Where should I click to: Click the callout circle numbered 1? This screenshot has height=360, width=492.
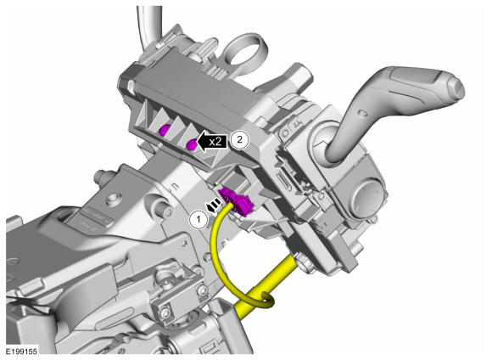click(x=198, y=219)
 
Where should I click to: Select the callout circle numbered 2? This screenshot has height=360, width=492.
click(x=239, y=140)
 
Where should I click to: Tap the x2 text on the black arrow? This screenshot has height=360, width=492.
click(x=215, y=142)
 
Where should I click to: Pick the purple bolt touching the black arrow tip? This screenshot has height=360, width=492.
click(x=192, y=144)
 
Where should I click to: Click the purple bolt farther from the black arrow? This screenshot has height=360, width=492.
click(x=165, y=129)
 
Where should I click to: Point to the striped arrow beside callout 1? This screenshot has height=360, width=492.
click(x=212, y=205)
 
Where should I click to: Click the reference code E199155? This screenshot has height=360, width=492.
click(x=22, y=351)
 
